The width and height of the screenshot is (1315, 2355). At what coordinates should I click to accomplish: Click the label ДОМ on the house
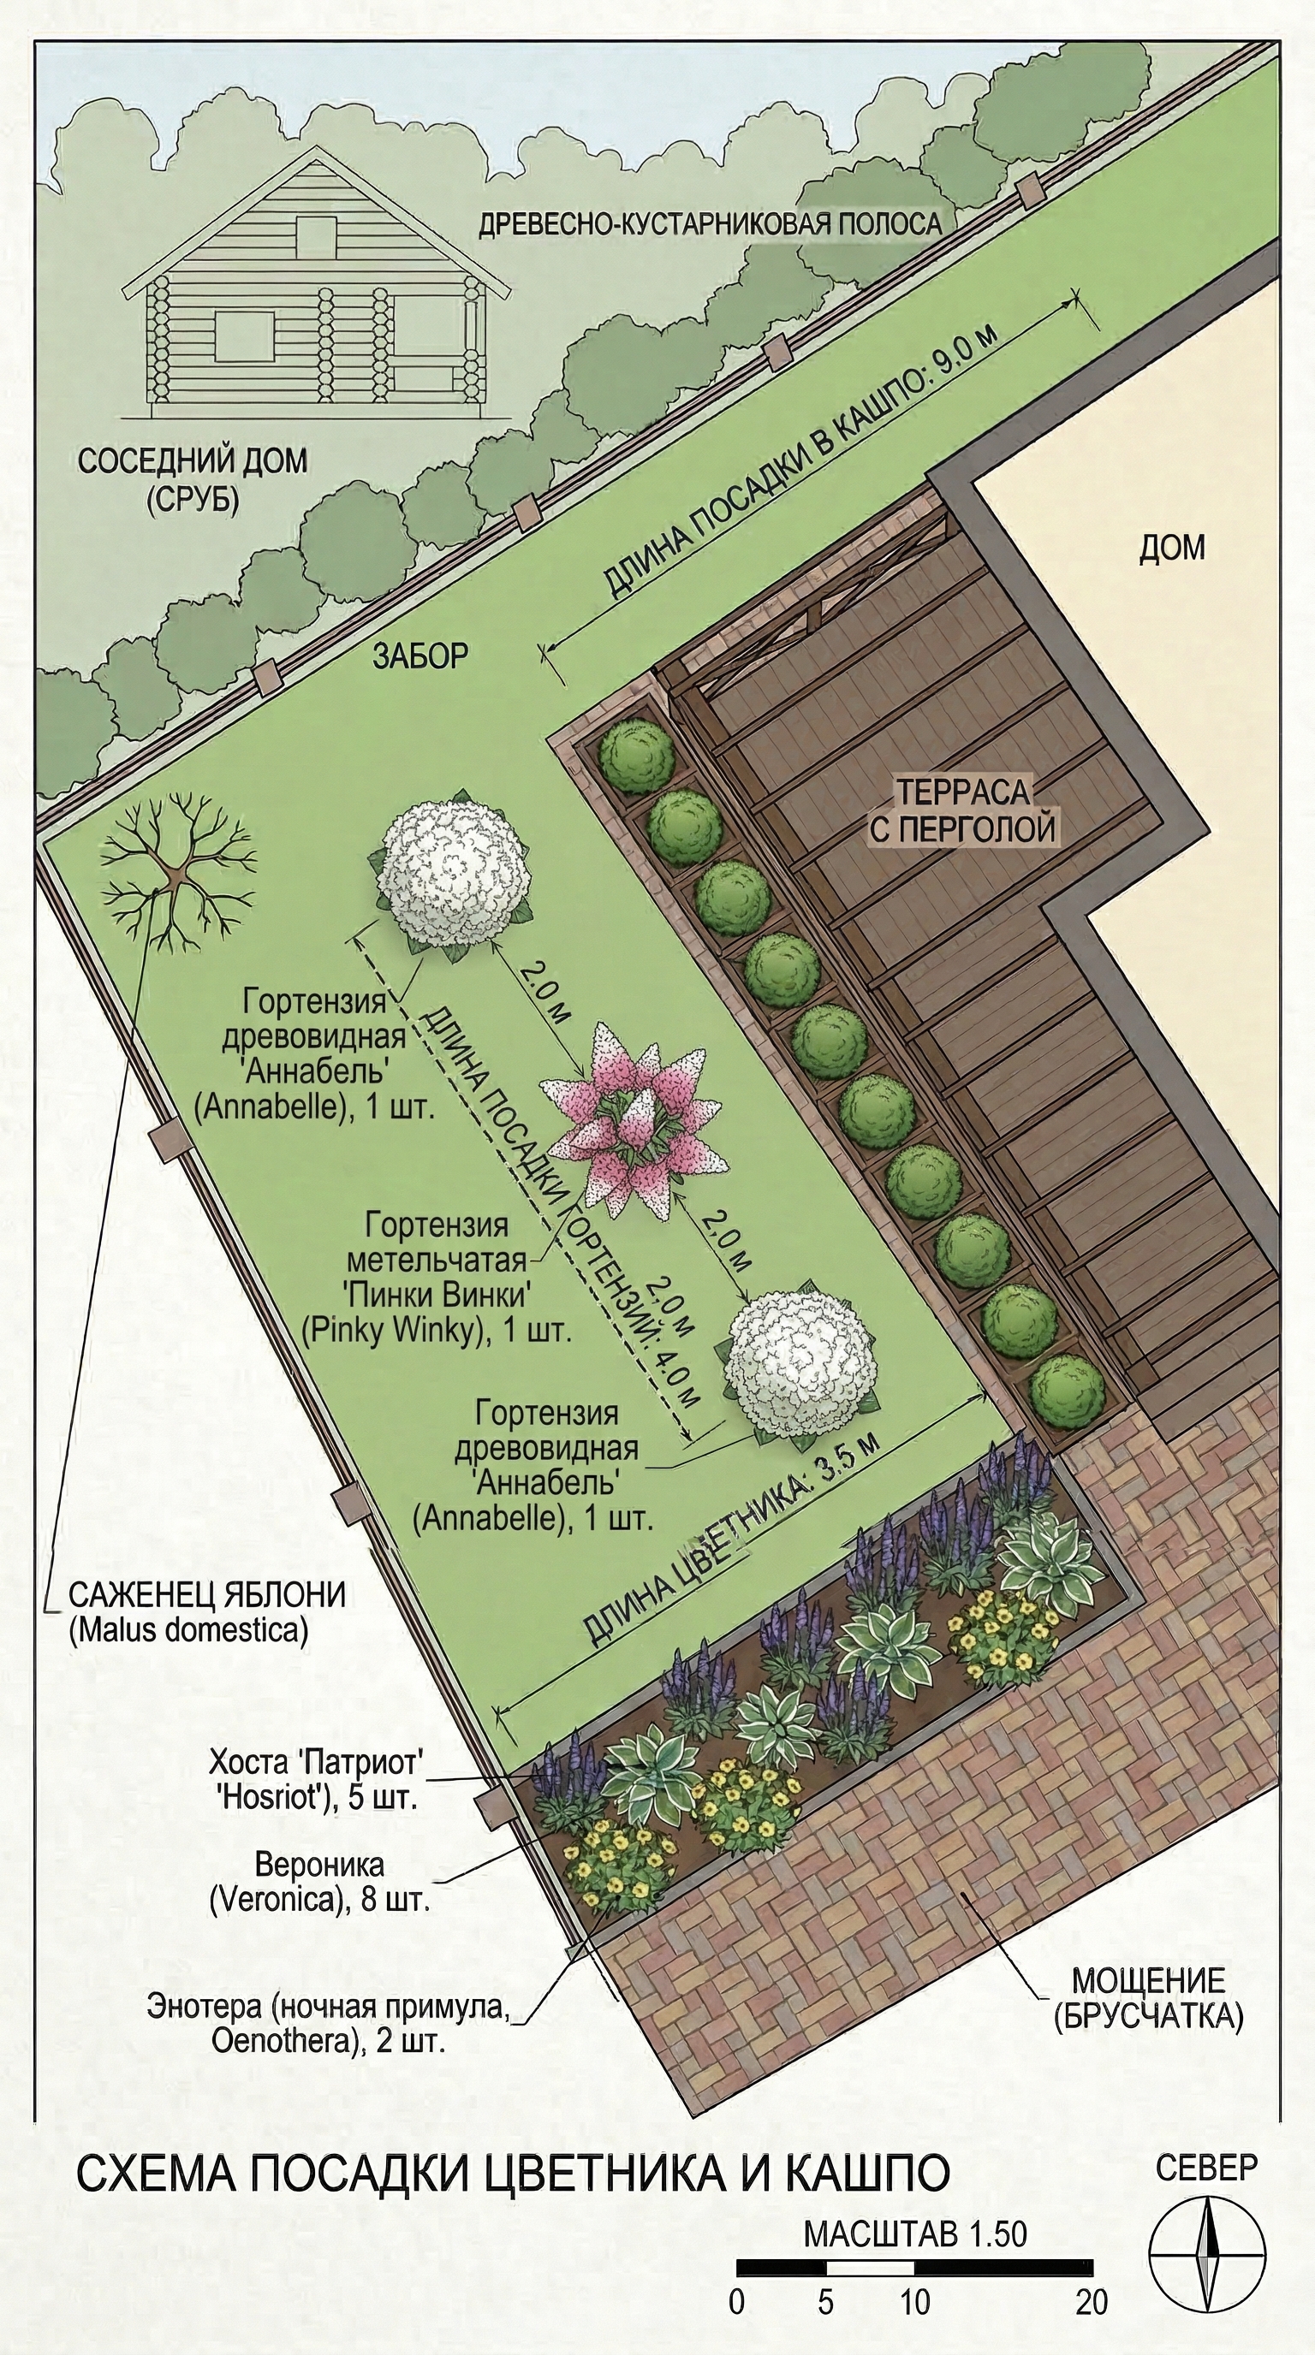pyautogui.click(x=1171, y=548)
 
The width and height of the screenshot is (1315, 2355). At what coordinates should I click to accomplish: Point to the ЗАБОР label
pyautogui.click(x=420, y=655)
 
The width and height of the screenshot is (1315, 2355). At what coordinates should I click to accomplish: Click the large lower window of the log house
pyautogui.click(x=245, y=336)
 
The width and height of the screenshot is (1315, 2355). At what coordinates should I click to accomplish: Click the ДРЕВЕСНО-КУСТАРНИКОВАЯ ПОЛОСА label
pyautogui.click(x=711, y=224)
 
